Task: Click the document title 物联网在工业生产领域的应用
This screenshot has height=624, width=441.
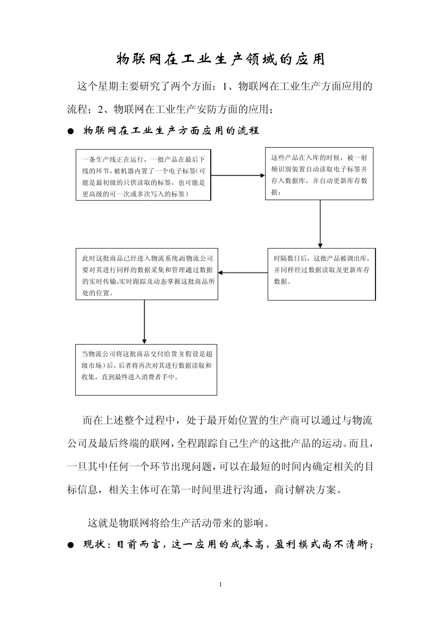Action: [220, 60]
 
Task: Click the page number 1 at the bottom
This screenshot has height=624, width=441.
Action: [220, 584]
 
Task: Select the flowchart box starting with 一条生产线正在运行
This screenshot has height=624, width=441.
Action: [143, 175]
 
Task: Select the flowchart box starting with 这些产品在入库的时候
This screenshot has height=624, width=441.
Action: [319, 174]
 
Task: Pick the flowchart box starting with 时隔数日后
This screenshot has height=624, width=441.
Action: [321, 274]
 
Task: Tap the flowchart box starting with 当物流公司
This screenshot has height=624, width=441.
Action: [146, 370]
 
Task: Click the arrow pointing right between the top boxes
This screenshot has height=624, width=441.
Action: [238, 175]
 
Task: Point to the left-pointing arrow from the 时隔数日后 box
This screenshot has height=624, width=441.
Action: [242, 273]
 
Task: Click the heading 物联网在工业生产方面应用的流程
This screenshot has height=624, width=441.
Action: [171, 131]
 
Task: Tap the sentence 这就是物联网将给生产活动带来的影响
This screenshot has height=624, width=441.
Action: [178, 523]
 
